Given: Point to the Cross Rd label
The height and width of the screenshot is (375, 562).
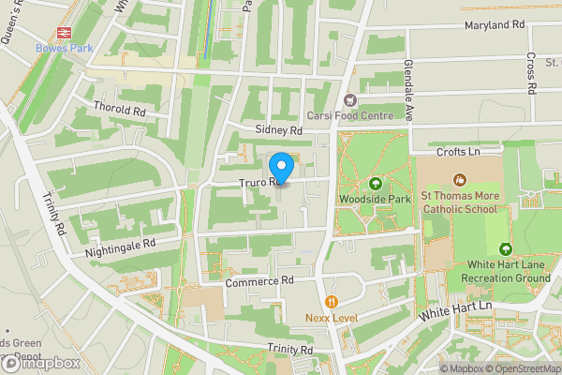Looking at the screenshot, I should [530, 74].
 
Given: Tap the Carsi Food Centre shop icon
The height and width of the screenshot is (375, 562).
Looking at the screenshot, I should [351, 99].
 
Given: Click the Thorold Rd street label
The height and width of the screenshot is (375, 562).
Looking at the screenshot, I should [120, 108].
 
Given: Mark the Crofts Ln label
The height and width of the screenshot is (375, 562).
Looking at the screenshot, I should [458, 151].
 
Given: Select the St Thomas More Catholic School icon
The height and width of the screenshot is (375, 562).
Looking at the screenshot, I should [459, 179].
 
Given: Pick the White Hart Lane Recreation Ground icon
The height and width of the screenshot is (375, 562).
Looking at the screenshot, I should [506, 249].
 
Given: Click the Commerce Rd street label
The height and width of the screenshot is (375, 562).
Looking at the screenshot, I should [259, 280].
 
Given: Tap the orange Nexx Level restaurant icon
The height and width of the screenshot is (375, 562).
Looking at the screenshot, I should [332, 302].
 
